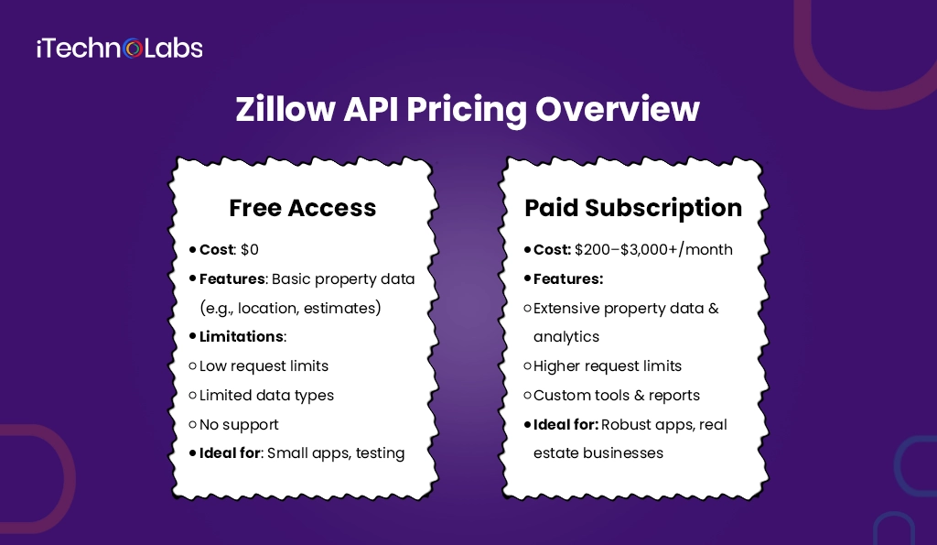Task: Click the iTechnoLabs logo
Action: click(119, 48)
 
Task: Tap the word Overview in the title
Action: click(618, 110)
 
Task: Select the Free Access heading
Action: click(302, 208)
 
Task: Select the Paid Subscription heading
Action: click(633, 208)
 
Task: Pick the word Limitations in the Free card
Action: click(242, 336)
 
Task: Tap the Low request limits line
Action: click(264, 365)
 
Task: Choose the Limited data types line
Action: click(266, 395)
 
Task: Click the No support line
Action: click(239, 424)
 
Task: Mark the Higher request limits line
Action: click(607, 365)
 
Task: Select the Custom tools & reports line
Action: click(616, 395)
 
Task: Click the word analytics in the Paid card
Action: click(566, 336)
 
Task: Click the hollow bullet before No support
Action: click(192, 425)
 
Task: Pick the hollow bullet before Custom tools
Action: click(527, 396)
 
